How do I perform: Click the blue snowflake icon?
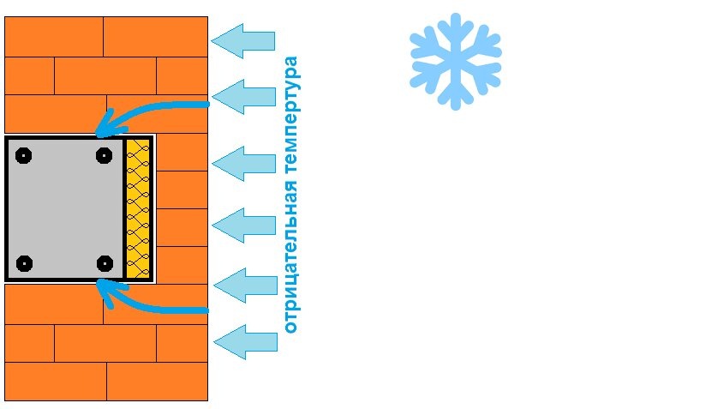(455, 61)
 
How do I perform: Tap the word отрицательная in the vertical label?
(290, 256)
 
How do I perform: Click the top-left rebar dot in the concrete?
(23, 155)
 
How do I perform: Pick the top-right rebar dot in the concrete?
(104, 155)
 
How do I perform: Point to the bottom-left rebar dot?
(24, 263)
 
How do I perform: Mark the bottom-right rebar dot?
(105, 263)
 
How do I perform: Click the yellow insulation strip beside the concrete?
(138, 208)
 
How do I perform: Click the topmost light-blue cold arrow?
(243, 41)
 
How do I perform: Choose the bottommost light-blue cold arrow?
(245, 342)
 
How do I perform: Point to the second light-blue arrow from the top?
(243, 97)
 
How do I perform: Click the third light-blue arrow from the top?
(243, 164)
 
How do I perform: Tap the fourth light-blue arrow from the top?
(243, 226)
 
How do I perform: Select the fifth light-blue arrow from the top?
(245, 286)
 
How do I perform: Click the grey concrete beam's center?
(66, 208)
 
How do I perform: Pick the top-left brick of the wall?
(54, 37)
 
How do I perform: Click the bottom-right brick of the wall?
(157, 381)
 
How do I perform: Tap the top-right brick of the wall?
(155, 37)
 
